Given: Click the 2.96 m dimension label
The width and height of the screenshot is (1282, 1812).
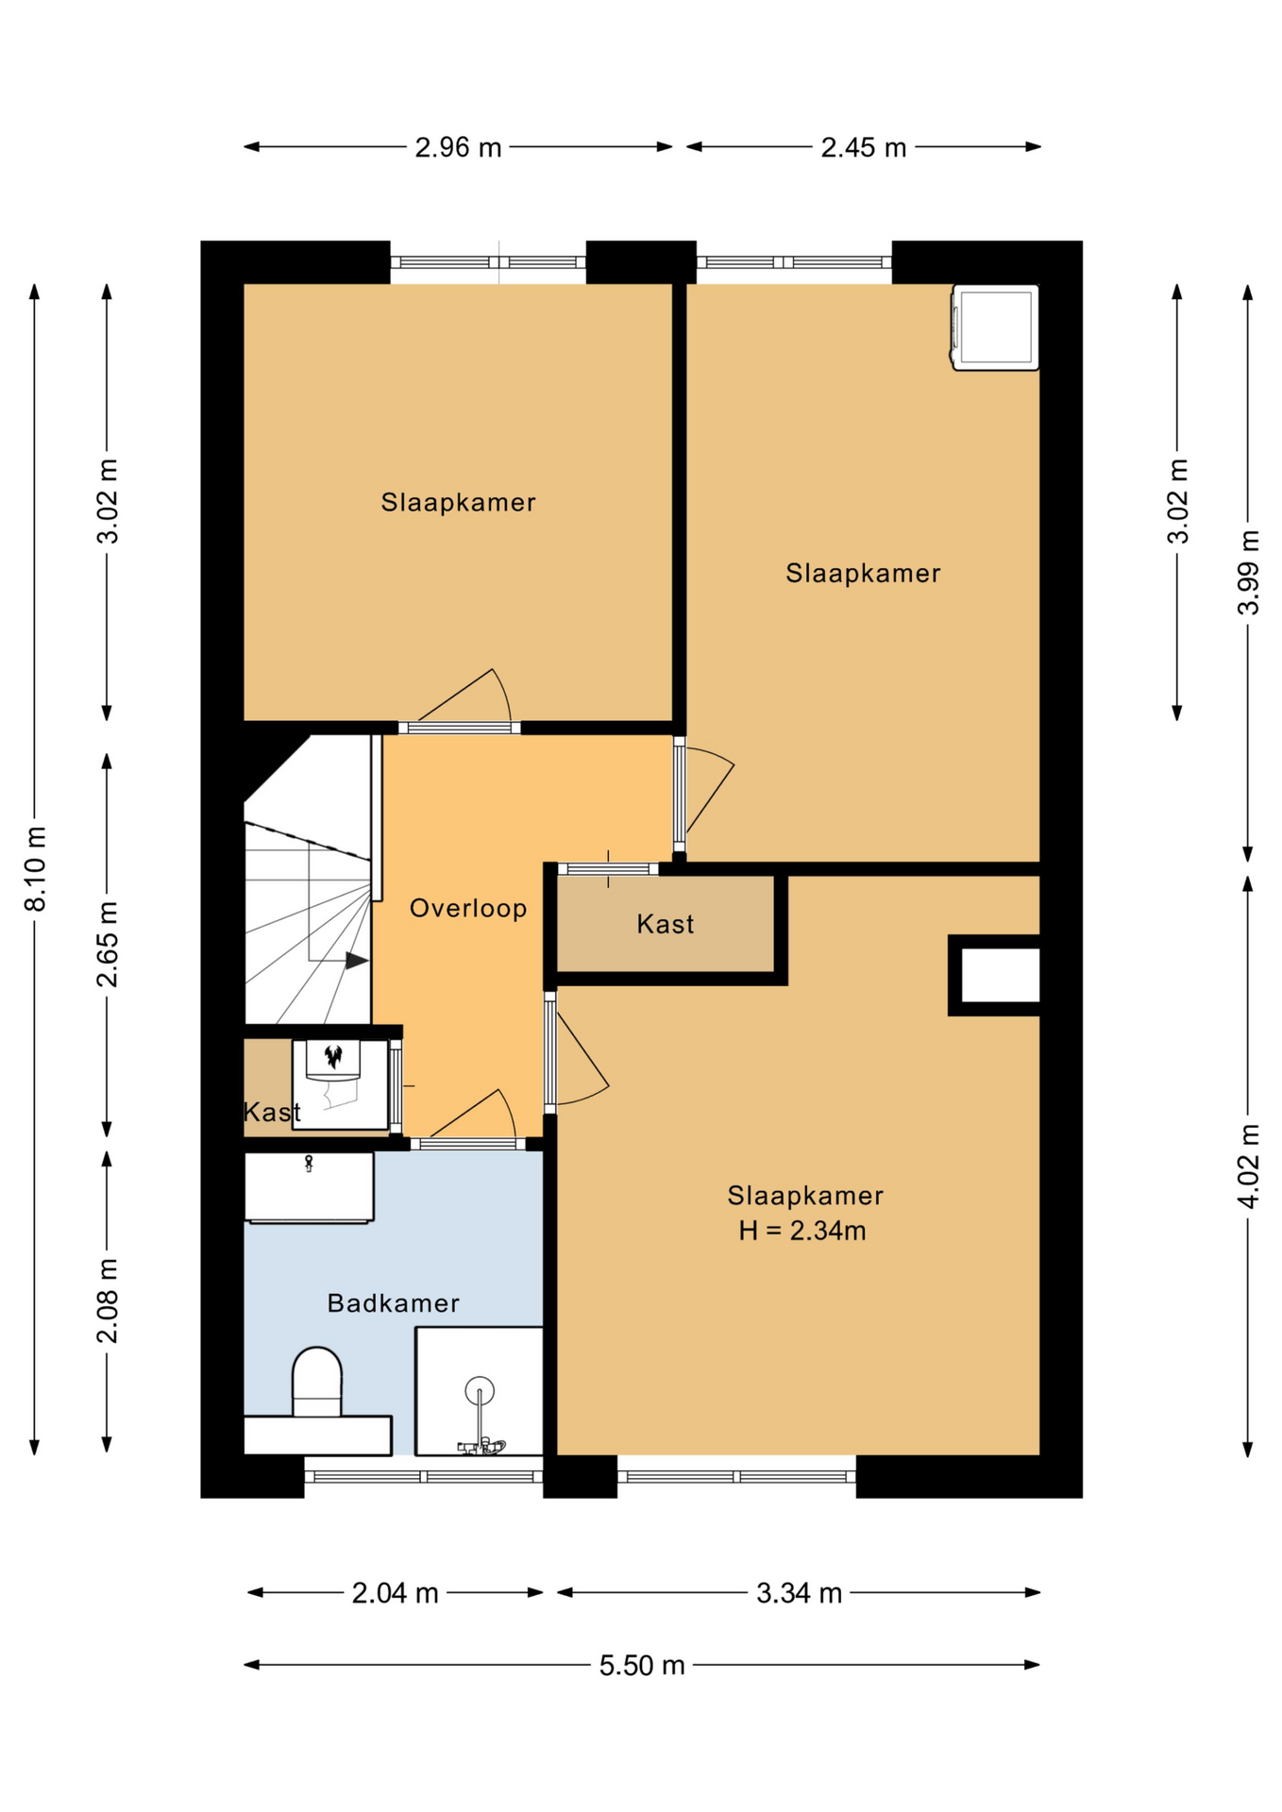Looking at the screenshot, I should (458, 147).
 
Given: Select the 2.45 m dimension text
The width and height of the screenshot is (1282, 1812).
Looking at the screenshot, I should (863, 147).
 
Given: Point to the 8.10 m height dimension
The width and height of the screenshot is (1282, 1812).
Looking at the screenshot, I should (35, 868).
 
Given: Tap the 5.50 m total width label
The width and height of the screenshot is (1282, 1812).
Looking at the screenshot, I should (641, 1665).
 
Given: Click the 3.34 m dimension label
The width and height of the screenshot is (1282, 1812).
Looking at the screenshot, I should (799, 1593).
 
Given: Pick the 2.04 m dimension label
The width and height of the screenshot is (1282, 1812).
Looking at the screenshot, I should (395, 1593).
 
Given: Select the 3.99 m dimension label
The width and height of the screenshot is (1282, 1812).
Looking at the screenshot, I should (1248, 573).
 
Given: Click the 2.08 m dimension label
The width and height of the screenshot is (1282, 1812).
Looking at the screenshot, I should (108, 1300).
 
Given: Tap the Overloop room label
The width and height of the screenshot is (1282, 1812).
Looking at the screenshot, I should (467, 908).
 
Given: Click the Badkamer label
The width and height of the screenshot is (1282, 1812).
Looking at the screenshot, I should (393, 1303).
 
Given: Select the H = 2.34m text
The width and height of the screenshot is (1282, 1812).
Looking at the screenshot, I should (801, 1231).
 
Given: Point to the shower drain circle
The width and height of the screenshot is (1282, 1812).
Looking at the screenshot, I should (480, 1390).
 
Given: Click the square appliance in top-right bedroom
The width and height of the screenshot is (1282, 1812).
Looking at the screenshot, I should (995, 327).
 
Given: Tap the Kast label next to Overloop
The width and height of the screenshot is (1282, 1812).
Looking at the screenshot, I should (665, 924).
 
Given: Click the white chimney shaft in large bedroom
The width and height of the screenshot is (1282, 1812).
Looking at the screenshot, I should (1000, 975).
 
